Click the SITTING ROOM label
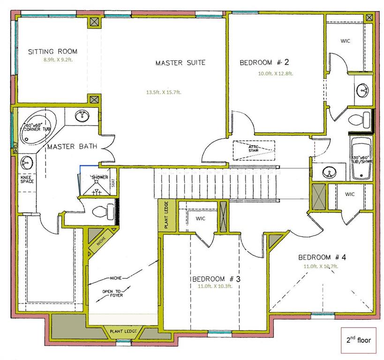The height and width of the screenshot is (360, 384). (x=53, y=52)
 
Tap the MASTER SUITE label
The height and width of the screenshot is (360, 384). (x=180, y=63)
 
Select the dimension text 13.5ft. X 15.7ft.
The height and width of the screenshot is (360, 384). (x=163, y=92)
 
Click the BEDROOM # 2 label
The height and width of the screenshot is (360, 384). (x=264, y=62)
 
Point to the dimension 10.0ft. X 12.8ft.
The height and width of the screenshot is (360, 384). (x=275, y=73)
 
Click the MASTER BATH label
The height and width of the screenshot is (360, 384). (x=72, y=147)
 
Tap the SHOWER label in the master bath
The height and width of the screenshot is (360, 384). (x=100, y=178)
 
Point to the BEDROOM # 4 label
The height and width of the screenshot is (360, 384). (x=322, y=257)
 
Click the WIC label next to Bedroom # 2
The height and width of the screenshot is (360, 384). (x=345, y=41)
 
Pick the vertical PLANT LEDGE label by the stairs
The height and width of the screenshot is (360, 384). (x=166, y=215)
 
